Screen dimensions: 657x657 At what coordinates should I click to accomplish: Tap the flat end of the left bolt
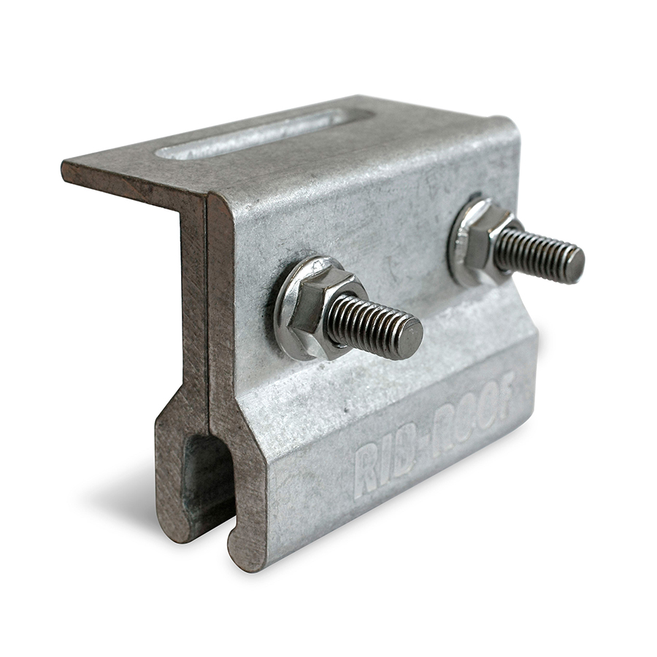[x=410, y=337]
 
